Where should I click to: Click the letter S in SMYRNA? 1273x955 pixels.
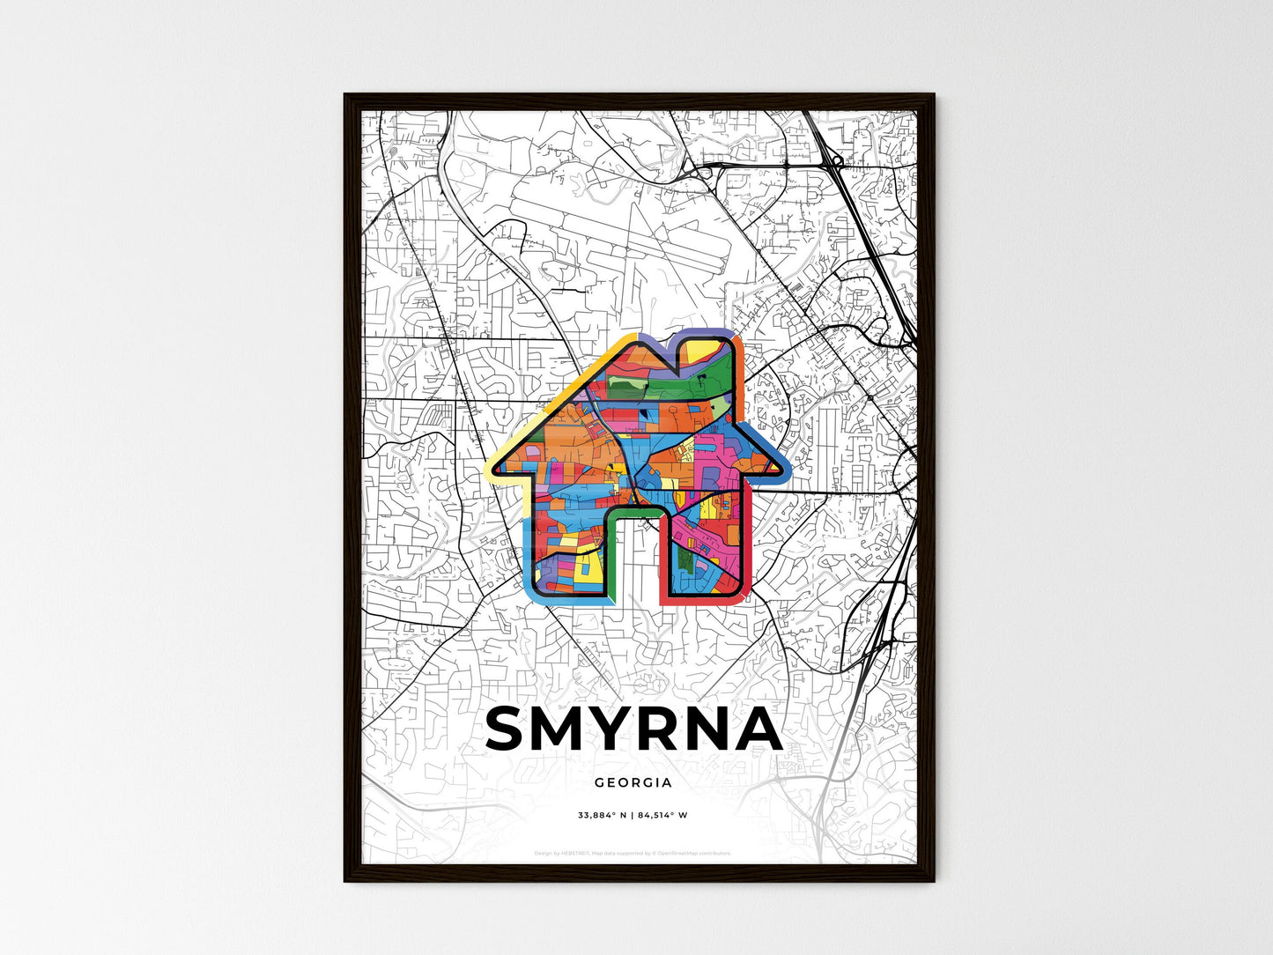coord(510,729)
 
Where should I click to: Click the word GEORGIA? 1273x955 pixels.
coord(633,782)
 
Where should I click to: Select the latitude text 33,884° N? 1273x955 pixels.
coord(602,816)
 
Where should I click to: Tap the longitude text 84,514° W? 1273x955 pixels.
coord(662,816)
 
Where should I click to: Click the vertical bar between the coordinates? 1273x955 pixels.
coord(632,816)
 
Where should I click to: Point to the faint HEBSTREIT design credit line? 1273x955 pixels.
coord(633,853)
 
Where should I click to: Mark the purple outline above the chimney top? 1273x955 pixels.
coord(705,333)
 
